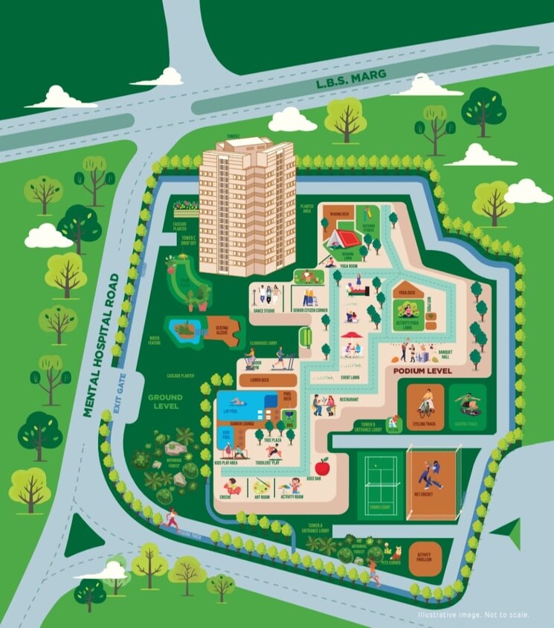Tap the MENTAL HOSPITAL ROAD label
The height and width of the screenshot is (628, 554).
tap(102, 345)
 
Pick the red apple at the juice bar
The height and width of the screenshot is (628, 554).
tap(322, 467)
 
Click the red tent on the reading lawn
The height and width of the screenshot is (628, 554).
tap(344, 237)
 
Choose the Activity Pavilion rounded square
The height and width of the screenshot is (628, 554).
tap(425, 559)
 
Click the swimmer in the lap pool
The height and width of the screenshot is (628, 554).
tap(245, 406)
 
